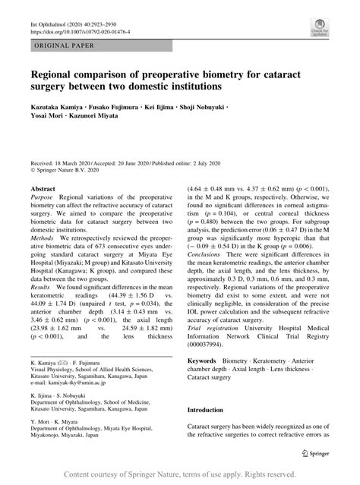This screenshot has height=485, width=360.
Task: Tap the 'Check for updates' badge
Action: [x=318, y=29]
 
